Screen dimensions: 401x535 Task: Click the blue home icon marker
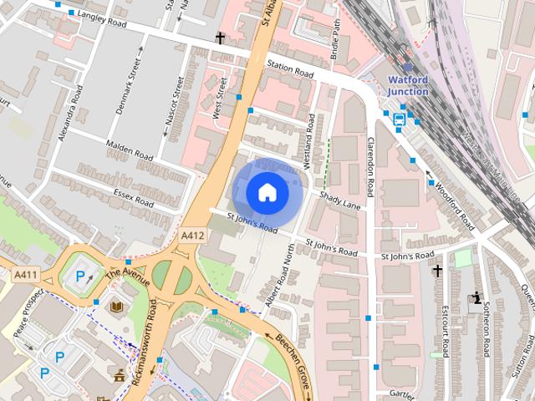click(267, 192)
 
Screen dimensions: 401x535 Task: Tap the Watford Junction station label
click(408, 86)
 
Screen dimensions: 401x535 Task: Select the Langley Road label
click(101, 19)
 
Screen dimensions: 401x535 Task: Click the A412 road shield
click(192, 236)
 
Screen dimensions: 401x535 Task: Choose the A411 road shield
click(24, 274)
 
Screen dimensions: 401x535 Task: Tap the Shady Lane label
click(339, 200)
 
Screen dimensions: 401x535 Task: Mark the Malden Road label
click(130, 150)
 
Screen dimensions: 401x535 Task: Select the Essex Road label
click(134, 197)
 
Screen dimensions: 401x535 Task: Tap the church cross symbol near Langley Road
click(221, 38)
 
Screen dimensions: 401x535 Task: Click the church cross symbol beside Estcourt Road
click(436, 271)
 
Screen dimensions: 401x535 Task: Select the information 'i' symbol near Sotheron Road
click(476, 297)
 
